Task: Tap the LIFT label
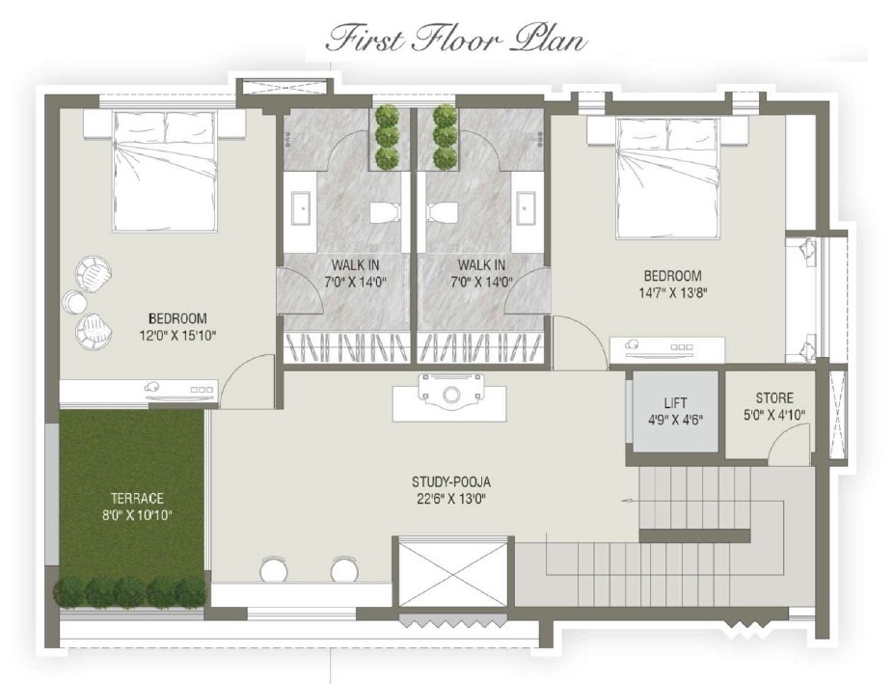tap(675, 402)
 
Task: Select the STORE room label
tap(773, 397)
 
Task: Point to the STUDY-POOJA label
tap(458, 481)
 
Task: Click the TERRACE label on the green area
tap(136, 498)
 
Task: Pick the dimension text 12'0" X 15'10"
tap(176, 336)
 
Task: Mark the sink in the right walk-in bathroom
tap(527, 207)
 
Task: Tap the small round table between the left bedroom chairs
tap(74, 302)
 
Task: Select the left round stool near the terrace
tap(273, 570)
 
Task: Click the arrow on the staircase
tap(627, 503)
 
